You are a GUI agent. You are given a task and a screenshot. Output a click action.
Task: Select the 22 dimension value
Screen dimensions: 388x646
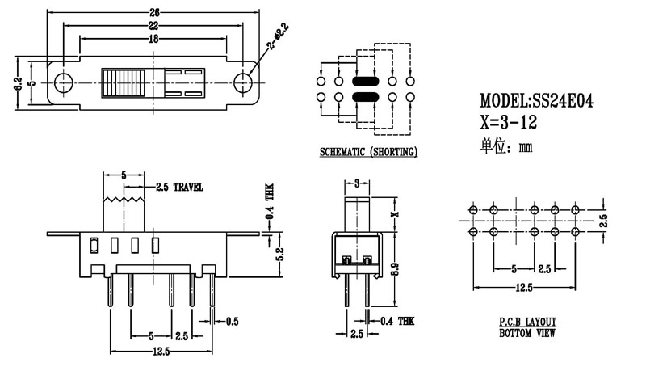[153, 27]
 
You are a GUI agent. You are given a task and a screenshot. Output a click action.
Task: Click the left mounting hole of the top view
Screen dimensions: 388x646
[65, 82]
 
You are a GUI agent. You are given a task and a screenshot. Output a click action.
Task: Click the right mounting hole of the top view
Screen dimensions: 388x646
[242, 82]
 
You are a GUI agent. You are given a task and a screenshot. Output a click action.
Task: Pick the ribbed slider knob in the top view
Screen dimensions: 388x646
[124, 83]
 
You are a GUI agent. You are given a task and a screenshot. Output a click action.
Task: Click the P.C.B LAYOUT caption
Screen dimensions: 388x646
[527, 322]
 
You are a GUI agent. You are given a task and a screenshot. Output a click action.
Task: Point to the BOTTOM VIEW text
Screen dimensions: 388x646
[527, 332]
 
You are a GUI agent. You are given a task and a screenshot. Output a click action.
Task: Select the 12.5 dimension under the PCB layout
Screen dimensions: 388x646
[523, 288]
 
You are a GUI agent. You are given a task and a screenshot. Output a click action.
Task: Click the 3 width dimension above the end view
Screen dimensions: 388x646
[357, 185]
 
